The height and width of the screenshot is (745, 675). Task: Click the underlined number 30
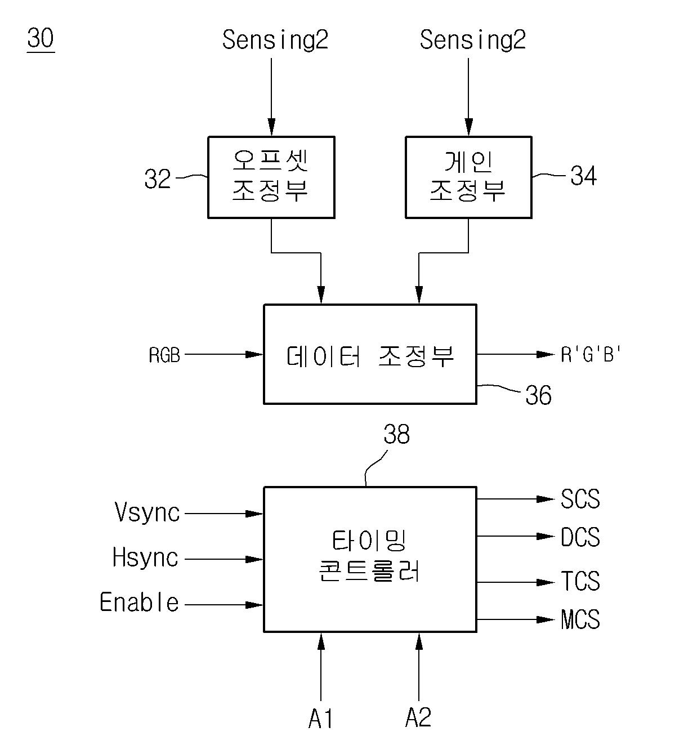41,39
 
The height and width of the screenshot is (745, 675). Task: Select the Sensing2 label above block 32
275,40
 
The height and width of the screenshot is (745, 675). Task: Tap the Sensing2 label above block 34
473,40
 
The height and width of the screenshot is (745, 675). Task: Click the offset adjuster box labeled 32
271,177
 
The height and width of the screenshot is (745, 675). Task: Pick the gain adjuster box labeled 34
468,177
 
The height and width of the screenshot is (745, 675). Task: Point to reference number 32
158,179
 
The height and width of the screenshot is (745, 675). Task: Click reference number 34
583,176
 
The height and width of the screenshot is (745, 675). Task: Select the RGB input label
164,355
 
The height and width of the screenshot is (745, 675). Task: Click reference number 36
538,395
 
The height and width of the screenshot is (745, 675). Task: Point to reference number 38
396,435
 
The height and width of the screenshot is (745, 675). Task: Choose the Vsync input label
147,513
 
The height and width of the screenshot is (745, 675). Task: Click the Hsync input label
145,558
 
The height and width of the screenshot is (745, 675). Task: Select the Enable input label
139,603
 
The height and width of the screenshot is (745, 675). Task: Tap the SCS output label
580,499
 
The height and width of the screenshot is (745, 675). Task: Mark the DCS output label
580,537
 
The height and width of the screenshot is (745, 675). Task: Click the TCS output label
580,581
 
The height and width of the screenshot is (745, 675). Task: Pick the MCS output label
580,619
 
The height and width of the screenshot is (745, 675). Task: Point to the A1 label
321,719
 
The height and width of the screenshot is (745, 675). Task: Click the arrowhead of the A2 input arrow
418,640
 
